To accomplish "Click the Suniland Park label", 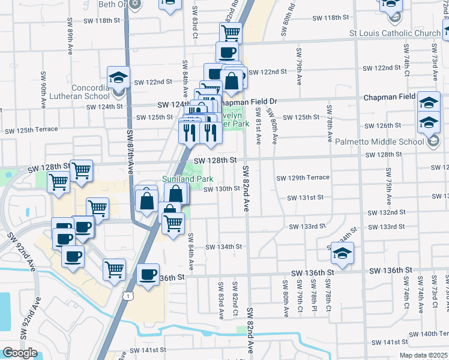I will coord(188,179).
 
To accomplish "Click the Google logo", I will coord(20,352).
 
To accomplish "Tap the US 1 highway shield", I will coord(128,295).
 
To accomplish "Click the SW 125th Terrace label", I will coord(31,130).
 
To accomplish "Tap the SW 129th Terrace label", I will coord(303,178).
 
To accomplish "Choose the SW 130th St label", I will coord(221,189).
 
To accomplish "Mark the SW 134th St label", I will coord(223,247).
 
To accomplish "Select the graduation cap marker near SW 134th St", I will coord(342,254).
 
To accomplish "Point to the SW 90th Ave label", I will coord(44,90).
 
